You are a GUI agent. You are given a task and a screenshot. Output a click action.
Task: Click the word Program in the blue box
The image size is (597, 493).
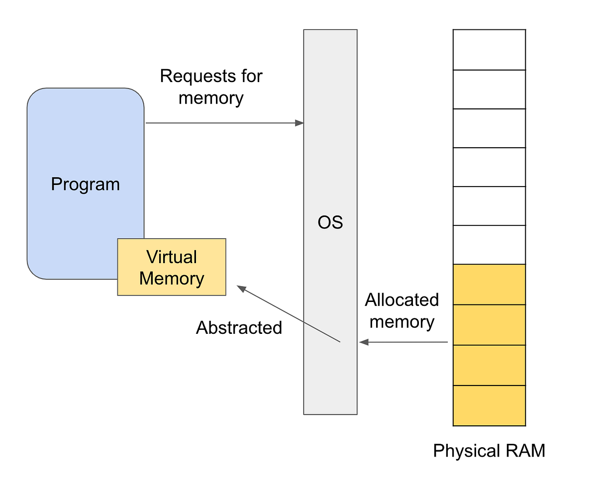click(85, 185)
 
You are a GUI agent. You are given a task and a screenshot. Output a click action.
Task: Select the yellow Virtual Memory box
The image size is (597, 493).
click(172, 267)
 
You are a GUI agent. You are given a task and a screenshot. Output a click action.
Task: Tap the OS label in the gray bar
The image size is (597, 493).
click(330, 222)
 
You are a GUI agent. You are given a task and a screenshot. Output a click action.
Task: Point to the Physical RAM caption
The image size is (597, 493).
click(489, 451)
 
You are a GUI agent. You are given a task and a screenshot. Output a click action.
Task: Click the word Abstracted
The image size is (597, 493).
click(239, 327)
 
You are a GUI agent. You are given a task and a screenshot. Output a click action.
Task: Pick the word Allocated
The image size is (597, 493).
click(401, 300)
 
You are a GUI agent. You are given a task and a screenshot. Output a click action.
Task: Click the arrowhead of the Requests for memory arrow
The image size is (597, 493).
click(299, 123)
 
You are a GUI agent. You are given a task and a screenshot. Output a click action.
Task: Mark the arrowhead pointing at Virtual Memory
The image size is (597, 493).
click(241, 288)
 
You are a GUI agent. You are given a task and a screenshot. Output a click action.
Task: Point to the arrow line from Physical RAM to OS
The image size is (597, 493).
click(405, 342)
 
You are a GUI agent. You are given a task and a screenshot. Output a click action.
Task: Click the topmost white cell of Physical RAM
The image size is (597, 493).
click(489, 50)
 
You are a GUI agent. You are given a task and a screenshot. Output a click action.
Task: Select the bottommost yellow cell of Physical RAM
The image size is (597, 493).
click(489, 405)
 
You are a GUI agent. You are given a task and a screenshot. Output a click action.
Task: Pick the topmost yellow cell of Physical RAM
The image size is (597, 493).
click(489, 284)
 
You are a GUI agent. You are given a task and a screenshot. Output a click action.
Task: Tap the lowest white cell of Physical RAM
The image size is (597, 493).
click(489, 245)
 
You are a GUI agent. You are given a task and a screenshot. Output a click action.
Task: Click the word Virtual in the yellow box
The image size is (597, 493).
click(172, 257)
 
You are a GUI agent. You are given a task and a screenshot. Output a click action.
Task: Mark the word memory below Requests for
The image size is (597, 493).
click(211, 98)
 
